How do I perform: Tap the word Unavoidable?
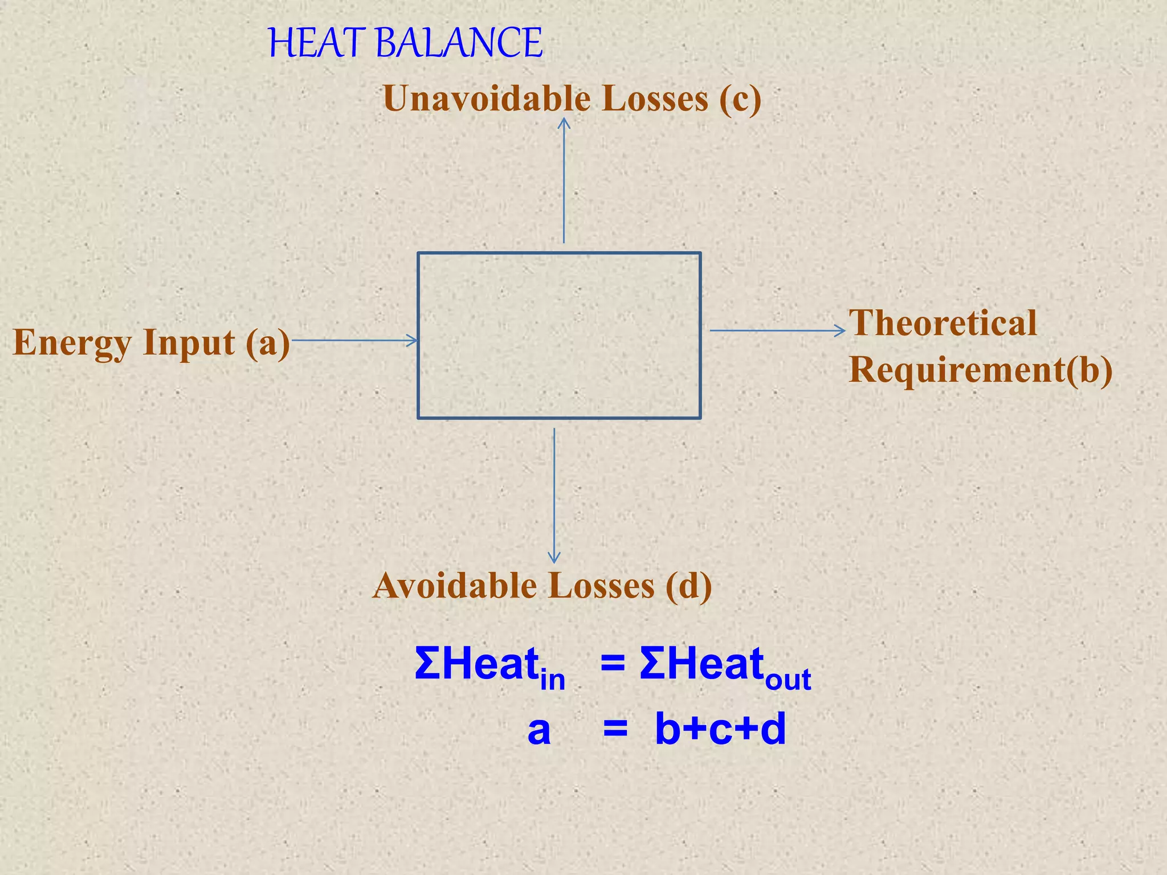(x=488, y=99)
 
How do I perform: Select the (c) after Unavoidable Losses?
(x=740, y=99)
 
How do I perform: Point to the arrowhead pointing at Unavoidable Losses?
(x=564, y=122)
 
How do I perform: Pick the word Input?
(x=189, y=343)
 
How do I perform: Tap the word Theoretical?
(x=943, y=323)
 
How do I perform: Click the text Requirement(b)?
(x=981, y=370)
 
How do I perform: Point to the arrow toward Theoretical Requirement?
(x=777, y=330)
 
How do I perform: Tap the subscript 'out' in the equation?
(x=788, y=680)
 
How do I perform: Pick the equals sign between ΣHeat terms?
(x=613, y=664)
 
